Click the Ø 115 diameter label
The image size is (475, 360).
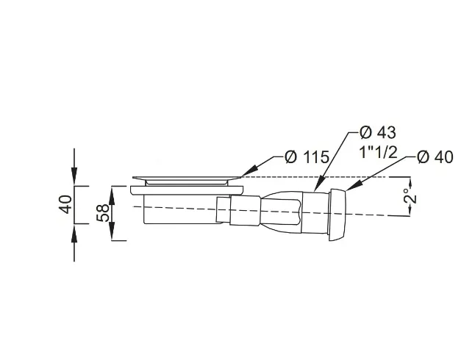(307, 157)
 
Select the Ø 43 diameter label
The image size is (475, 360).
(377, 132)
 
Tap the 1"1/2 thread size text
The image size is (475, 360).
(378, 151)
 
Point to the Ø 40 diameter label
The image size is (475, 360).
(435, 157)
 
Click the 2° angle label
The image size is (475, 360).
(411, 196)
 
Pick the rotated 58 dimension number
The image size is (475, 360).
(103, 213)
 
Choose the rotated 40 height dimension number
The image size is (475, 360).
(66, 204)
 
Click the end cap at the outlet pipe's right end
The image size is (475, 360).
(337, 215)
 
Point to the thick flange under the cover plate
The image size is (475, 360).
(187, 190)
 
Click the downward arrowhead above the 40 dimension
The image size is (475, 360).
(74, 176)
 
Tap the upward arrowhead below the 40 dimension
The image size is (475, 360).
(74, 233)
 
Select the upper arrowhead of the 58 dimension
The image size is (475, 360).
(112, 195)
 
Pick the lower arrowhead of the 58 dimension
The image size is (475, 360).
(112, 231)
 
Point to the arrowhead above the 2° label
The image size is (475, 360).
(411, 182)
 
